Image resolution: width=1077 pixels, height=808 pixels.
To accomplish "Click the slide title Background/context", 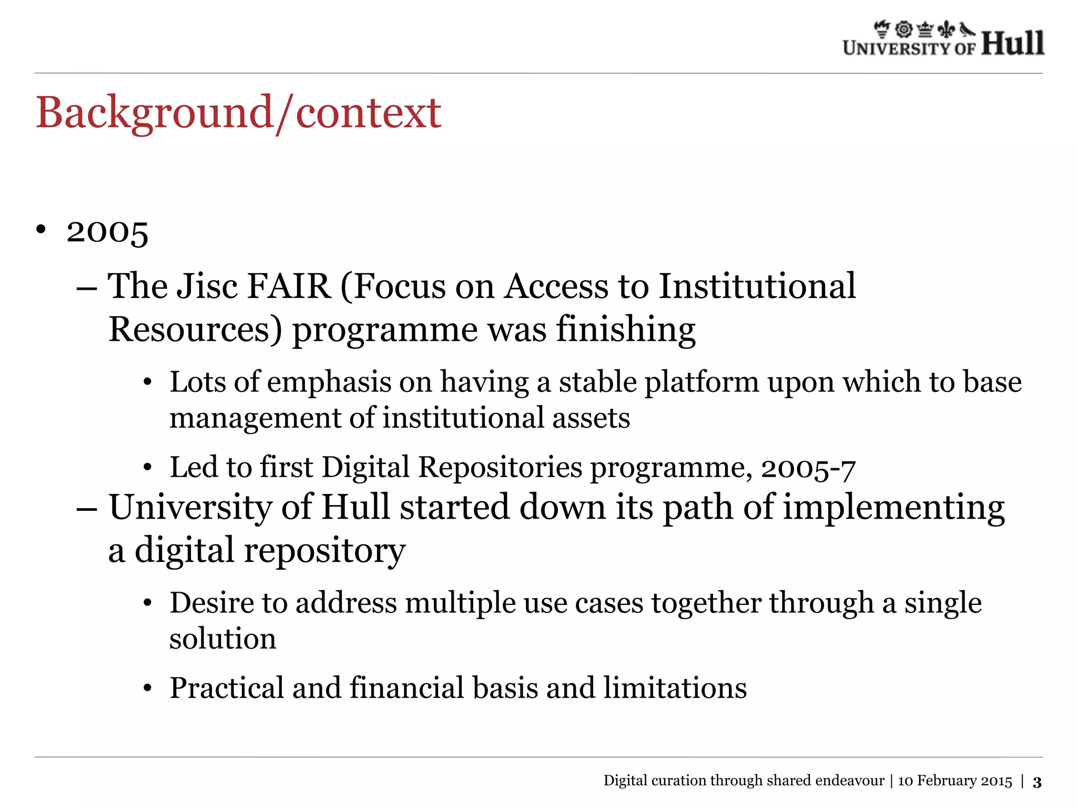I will [238, 113].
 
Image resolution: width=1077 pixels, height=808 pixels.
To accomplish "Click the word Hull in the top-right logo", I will [1012, 43].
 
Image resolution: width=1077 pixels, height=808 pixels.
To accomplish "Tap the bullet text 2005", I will [107, 231].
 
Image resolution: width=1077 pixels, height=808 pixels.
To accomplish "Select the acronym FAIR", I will [288, 287].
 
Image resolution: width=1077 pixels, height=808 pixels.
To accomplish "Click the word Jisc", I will [207, 287].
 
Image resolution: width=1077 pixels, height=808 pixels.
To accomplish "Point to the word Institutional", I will [757, 287].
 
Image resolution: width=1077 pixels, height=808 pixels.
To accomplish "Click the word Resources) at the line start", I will [195, 330].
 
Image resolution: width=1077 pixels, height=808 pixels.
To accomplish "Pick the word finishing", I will [626, 330].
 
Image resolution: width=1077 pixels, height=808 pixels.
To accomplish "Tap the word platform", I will [702, 382].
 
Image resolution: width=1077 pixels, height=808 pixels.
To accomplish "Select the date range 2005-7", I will [808, 468].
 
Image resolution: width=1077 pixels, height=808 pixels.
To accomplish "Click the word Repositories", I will [500, 468].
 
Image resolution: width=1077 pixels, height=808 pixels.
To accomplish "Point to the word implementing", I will [893, 508].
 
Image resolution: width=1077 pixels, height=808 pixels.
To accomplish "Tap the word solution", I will [222, 639].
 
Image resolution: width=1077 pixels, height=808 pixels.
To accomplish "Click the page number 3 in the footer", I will [1037, 782].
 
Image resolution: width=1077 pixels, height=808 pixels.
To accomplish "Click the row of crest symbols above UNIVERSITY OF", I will [924, 29].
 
